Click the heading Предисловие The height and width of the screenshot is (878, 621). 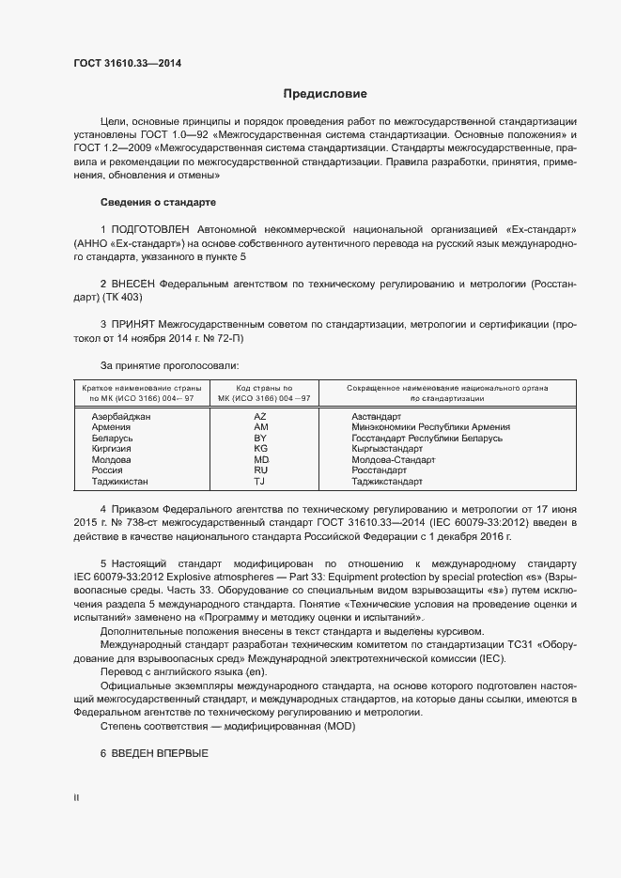[325, 94]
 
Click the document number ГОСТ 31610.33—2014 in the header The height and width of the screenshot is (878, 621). [127, 64]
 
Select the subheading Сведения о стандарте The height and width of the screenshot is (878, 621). [158, 203]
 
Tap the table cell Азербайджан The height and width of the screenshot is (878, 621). [121, 415]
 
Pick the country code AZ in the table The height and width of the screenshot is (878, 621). [260, 415]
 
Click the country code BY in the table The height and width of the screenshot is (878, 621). [260, 438]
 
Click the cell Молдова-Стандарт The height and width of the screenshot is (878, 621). [393, 460]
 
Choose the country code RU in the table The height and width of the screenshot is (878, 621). [260, 470]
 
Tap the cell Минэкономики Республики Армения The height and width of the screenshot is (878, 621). [430, 426]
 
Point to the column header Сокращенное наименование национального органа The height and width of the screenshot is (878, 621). [447, 388]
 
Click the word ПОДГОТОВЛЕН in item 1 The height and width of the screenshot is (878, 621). [150, 229]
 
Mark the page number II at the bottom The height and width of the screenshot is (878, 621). [76, 798]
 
